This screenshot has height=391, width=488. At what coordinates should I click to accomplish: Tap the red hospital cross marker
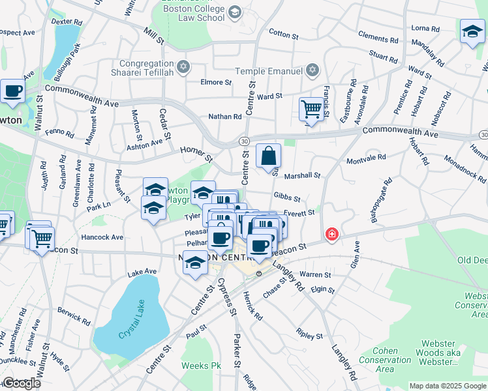[x=332, y=233]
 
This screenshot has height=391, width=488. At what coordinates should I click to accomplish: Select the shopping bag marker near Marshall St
[x=268, y=156]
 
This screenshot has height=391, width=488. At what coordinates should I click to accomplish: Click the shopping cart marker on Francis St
[x=312, y=109]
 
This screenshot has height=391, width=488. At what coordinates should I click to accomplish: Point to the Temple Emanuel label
[x=270, y=70]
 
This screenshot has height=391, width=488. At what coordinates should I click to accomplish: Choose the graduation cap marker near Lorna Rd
[x=472, y=31]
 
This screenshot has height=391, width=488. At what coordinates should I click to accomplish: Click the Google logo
[x=22, y=383]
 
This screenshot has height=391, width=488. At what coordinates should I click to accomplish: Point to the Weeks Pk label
[x=202, y=366]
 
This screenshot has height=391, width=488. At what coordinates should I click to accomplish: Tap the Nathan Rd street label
[x=225, y=117]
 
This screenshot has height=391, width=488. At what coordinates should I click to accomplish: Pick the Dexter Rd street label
[x=68, y=21]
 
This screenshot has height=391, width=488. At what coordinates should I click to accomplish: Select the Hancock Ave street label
[x=102, y=237]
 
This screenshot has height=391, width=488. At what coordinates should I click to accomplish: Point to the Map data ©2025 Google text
[x=448, y=386]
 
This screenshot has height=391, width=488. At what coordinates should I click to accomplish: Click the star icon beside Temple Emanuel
[x=313, y=70]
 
